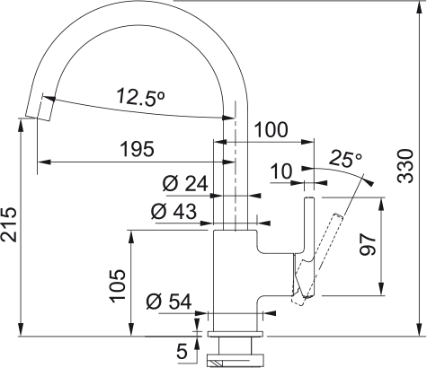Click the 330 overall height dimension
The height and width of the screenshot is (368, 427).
point(405,166)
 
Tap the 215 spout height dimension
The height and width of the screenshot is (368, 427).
point(8,223)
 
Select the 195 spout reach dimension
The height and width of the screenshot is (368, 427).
point(137,149)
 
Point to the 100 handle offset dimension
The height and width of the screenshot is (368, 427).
point(271,130)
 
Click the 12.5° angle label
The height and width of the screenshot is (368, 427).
point(141,97)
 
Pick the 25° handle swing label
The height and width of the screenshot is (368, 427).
point(345,159)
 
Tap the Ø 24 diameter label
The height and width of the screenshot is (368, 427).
point(185,183)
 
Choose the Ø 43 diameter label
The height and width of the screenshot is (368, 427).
point(173,211)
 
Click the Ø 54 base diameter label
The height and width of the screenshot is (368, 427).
point(169,301)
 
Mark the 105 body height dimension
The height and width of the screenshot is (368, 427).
point(118,285)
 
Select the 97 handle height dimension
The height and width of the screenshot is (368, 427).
point(368,244)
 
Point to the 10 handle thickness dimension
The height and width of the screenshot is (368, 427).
point(280,171)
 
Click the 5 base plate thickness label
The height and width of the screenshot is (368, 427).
point(182,351)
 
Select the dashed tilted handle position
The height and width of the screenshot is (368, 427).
point(317,259)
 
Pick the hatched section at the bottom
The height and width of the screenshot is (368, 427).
point(217,364)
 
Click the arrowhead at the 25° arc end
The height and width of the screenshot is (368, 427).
point(369,181)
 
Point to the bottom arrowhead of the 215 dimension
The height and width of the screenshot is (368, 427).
point(21,330)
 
